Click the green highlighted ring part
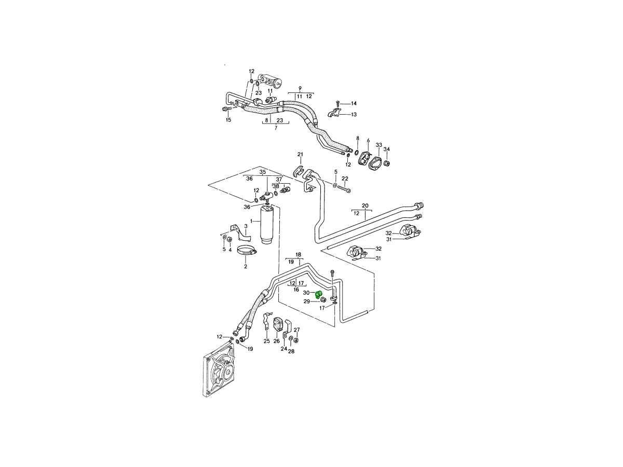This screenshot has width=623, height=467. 319,295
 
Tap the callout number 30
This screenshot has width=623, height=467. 306,293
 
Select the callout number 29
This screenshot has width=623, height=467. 307,301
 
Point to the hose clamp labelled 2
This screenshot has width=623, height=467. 247,253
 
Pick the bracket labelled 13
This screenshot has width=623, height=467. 335,113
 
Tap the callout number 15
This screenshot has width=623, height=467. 228,120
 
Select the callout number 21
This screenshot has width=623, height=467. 300,154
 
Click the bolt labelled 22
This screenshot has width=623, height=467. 344,188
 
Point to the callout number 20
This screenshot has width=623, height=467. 365,206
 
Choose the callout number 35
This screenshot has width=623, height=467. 263,172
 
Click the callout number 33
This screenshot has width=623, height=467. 378,145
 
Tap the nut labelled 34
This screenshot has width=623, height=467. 387,164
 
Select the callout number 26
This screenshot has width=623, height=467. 277,341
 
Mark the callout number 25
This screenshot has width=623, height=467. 266,341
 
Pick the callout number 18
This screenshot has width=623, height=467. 299,255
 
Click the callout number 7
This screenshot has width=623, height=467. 275,127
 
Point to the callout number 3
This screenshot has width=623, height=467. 232,226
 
